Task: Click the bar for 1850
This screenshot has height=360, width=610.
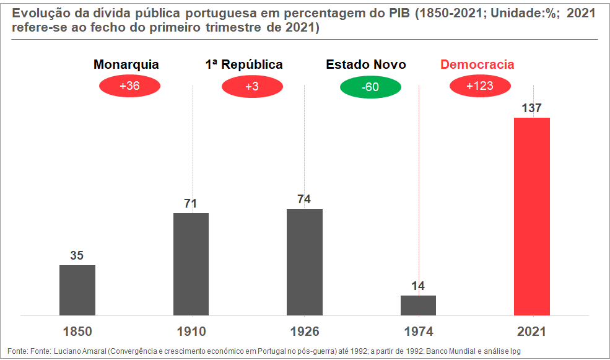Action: (x=77, y=290)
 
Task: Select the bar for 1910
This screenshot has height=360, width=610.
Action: (x=191, y=264)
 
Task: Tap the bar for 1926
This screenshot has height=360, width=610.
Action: (x=305, y=262)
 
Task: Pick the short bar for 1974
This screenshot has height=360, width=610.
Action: (x=418, y=305)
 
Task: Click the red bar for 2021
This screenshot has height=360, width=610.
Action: (x=532, y=216)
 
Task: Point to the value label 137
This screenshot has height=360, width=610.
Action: (x=531, y=108)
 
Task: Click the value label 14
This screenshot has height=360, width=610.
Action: (x=418, y=286)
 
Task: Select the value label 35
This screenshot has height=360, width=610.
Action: (x=77, y=255)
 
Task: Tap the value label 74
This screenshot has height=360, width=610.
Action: (x=304, y=200)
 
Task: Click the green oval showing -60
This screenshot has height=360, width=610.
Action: (x=370, y=87)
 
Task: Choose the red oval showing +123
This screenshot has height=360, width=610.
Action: (x=480, y=86)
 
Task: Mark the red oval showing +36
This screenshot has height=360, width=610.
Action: (x=129, y=86)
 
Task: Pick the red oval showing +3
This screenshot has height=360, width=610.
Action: (x=252, y=86)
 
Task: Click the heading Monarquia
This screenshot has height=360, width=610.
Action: (x=126, y=64)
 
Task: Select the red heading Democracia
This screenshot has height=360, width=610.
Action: (x=477, y=64)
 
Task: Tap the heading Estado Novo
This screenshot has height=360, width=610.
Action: (x=365, y=64)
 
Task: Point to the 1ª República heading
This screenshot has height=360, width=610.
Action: (x=244, y=64)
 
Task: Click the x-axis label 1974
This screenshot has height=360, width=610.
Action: (x=419, y=331)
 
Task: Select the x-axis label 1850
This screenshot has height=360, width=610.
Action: (x=77, y=331)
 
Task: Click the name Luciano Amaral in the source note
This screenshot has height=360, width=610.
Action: (x=80, y=351)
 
